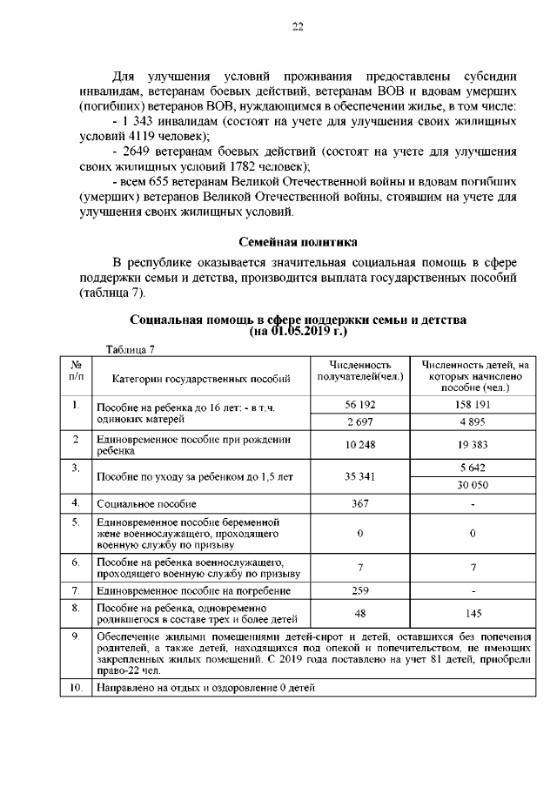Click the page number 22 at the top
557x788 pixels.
297,28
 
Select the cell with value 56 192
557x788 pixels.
359,405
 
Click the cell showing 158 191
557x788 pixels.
472,405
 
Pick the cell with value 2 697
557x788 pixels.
359,421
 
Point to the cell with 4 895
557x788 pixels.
472,421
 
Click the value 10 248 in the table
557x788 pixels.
359,445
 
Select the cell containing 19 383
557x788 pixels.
472,445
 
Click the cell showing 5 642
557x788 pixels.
472,468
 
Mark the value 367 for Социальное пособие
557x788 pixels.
359,503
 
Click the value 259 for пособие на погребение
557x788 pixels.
359,590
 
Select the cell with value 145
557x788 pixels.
472,613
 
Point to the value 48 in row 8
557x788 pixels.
359,613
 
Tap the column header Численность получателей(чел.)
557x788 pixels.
359,371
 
